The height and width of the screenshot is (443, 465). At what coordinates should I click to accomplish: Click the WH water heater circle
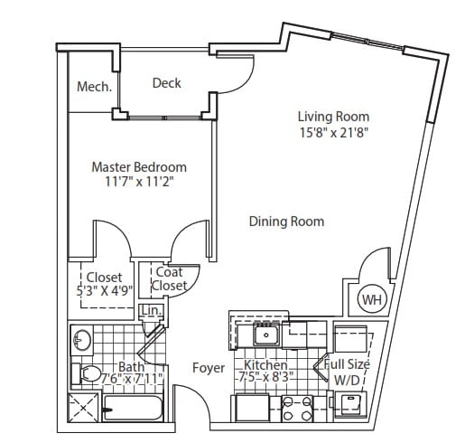coord(372,299)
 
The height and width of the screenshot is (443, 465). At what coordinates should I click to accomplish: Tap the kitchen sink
coord(266,335)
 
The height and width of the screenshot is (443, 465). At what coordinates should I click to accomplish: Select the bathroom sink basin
coord(82,340)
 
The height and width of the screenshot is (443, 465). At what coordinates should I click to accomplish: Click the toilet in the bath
coord(87,374)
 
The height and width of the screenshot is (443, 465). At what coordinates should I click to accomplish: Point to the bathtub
coord(133,408)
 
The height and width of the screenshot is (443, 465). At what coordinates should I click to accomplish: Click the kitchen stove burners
coord(297,409)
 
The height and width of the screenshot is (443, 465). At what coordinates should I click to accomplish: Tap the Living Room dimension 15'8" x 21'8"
coord(334,132)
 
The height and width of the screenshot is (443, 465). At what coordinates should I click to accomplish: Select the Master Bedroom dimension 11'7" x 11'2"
coord(139,182)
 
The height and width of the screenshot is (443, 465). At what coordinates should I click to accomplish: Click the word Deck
coord(167,83)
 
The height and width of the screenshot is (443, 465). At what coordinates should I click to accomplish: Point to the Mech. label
coord(94,87)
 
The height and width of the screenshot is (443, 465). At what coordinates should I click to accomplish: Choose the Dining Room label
coord(286,221)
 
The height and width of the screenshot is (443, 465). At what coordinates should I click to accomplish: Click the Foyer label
coord(209,368)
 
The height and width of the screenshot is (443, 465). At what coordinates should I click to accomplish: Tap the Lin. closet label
coord(152,310)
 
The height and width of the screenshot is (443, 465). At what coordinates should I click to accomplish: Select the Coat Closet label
coord(169,278)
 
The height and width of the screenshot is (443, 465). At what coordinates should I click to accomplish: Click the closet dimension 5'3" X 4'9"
coord(105,291)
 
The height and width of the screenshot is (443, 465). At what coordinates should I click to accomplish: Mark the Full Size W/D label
coord(347,372)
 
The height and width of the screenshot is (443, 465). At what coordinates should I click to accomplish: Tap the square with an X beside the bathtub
coord(83,408)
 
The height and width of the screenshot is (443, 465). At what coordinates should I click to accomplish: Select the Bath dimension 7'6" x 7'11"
coord(132,379)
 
